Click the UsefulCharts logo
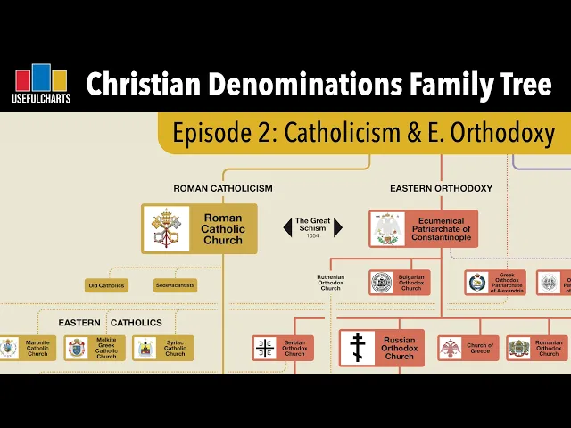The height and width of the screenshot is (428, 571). (42, 85)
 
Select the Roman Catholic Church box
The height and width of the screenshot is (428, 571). (199, 228)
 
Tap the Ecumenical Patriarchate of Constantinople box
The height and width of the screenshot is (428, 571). (424, 228)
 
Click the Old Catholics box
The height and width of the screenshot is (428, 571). (106, 286)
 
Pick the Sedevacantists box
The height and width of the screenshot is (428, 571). (175, 286)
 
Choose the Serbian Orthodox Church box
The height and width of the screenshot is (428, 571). (283, 348)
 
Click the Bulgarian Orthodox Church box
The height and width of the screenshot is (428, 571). (400, 283)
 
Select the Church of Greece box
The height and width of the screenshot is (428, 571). (468, 348)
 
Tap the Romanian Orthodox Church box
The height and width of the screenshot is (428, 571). (537, 348)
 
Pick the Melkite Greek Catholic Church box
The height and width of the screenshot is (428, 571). (95, 348)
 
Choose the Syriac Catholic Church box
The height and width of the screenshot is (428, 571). (163, 348)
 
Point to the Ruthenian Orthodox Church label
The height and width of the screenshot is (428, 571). (330, 283)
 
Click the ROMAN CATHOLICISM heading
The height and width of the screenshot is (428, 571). (222, 188)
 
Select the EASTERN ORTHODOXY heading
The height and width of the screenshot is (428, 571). (441, 188)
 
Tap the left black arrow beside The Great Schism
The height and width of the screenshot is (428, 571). (288, 227)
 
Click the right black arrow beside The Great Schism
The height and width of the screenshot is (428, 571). (338, 227)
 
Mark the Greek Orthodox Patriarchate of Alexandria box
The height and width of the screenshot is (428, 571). (495, 283)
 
